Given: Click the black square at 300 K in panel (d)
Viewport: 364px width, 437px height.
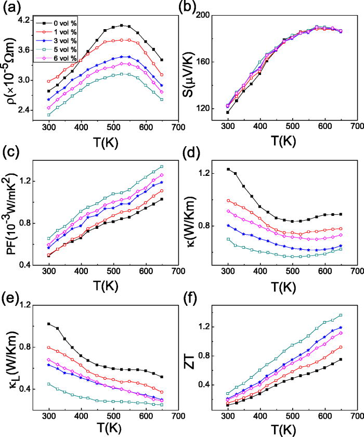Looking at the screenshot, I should (x=228, y=169).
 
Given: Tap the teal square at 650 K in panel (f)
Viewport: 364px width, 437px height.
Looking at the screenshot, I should (x=341, y=315).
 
